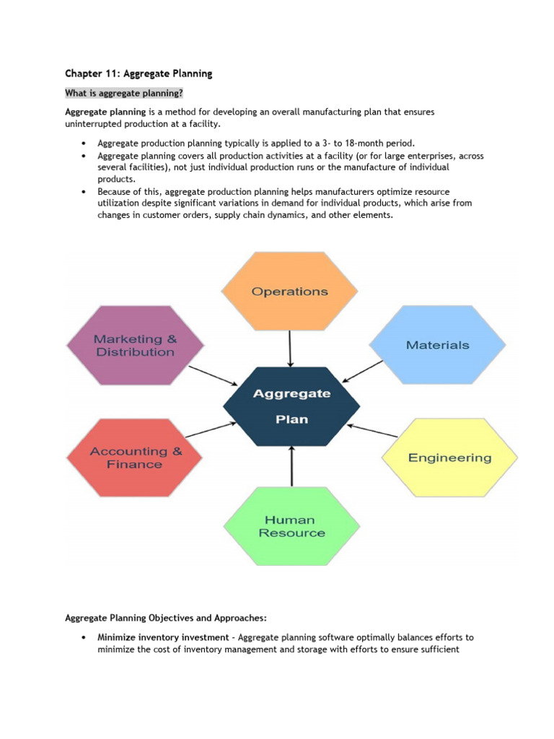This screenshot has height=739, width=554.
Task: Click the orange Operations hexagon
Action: click(289, 292)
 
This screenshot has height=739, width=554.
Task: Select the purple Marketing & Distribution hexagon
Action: click(135, 346)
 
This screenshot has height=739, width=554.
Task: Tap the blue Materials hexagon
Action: click(438, 345)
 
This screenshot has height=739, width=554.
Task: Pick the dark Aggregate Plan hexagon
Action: click(291, 406)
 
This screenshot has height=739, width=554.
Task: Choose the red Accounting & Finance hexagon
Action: click(135, 458)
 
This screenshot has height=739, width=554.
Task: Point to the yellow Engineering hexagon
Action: click(449, 458)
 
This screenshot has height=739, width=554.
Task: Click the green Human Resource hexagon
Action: click(291, 526)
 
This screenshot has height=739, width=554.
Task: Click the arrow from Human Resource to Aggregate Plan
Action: click(291, 466)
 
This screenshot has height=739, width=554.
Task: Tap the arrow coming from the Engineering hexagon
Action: click(372, 431)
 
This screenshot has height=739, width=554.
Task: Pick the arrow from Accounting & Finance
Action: click(210, 429)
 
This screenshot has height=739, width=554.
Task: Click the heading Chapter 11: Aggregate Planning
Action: click(138, 74)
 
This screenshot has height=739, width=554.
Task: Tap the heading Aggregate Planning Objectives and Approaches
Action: click(166, 618)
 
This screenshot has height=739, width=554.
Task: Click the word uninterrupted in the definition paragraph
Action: click(91, 124)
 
